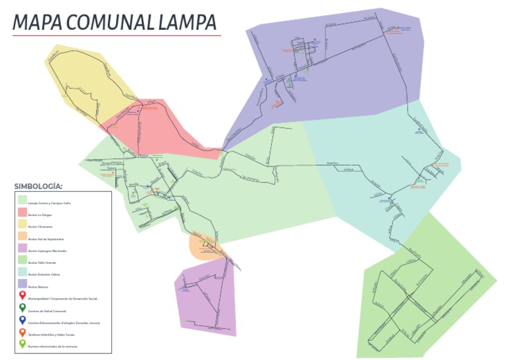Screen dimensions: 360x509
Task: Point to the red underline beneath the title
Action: point(117,35)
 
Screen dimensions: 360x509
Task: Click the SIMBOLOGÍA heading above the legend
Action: point(38,187)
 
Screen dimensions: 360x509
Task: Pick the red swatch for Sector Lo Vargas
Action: point(23,214)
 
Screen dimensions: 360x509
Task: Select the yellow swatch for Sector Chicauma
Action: point(23,226)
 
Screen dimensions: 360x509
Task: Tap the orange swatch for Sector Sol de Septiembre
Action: point(23,238)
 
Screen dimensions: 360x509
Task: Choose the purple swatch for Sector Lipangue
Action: point(23,250)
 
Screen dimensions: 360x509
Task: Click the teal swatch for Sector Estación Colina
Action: point(23,272)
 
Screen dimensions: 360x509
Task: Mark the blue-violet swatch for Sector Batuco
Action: point(23,284)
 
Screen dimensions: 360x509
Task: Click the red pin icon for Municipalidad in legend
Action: point(23,296)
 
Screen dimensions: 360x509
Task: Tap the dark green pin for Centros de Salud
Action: point(23,308)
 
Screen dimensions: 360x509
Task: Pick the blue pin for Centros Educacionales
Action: point(23,320)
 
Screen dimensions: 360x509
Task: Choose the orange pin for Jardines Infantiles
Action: point(23,332)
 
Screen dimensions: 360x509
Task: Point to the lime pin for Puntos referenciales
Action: point(23,344)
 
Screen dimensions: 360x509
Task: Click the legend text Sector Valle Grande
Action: point(43,262)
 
